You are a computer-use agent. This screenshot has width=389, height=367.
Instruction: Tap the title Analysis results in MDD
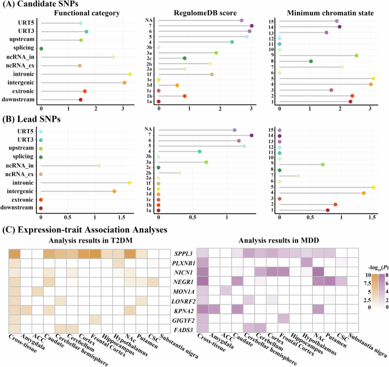pyautogui.click(x=279, y=240)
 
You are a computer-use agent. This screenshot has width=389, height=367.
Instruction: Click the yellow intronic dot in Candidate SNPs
pyautogui.click(x=130, y=74)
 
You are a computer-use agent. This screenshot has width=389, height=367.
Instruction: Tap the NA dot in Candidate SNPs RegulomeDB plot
pyautogui.click(x=241, y=20)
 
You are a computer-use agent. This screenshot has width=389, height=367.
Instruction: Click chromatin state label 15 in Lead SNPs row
pyautogui.click(x=273, y=131)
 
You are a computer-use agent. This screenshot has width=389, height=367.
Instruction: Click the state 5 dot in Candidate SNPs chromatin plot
pyautogui.click(x=374, y=78)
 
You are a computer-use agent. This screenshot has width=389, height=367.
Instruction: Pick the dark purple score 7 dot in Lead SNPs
pyautogui.click(x=252, y=135)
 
